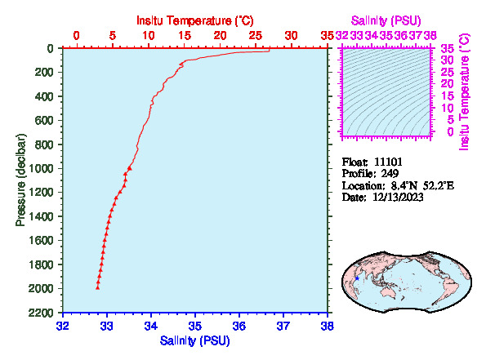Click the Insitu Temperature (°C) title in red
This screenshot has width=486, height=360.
[x=195, y=20]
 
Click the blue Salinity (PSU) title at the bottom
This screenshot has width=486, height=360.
[x=195, y=340]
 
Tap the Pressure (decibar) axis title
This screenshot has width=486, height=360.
[x=20, y=180]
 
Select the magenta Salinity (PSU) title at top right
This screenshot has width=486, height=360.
[x=386, y=20]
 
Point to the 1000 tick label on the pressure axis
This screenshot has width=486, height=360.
[x=41, y=168]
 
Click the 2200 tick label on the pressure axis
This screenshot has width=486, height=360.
[x=41, y=313]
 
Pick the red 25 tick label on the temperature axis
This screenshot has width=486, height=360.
[x=256, y=36]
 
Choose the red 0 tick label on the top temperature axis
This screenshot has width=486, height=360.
[x=76, y=36]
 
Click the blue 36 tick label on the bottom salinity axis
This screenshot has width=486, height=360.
[x=239, y=326]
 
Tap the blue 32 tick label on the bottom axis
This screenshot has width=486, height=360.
[x=63, y=326]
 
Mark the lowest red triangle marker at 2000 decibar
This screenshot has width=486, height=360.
[x=98, y=288]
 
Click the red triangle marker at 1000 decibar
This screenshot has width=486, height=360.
[x=130, y=168]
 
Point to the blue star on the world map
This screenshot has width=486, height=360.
[x=357, y=278]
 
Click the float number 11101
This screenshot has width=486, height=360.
[x=388, y=162]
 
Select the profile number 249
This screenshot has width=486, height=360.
[x=390, y=174]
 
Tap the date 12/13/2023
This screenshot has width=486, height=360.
[x=398, y=198]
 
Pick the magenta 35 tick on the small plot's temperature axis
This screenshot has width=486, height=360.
[x=448, y=48]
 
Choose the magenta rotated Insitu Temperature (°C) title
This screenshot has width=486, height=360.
[x=464, y=92]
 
